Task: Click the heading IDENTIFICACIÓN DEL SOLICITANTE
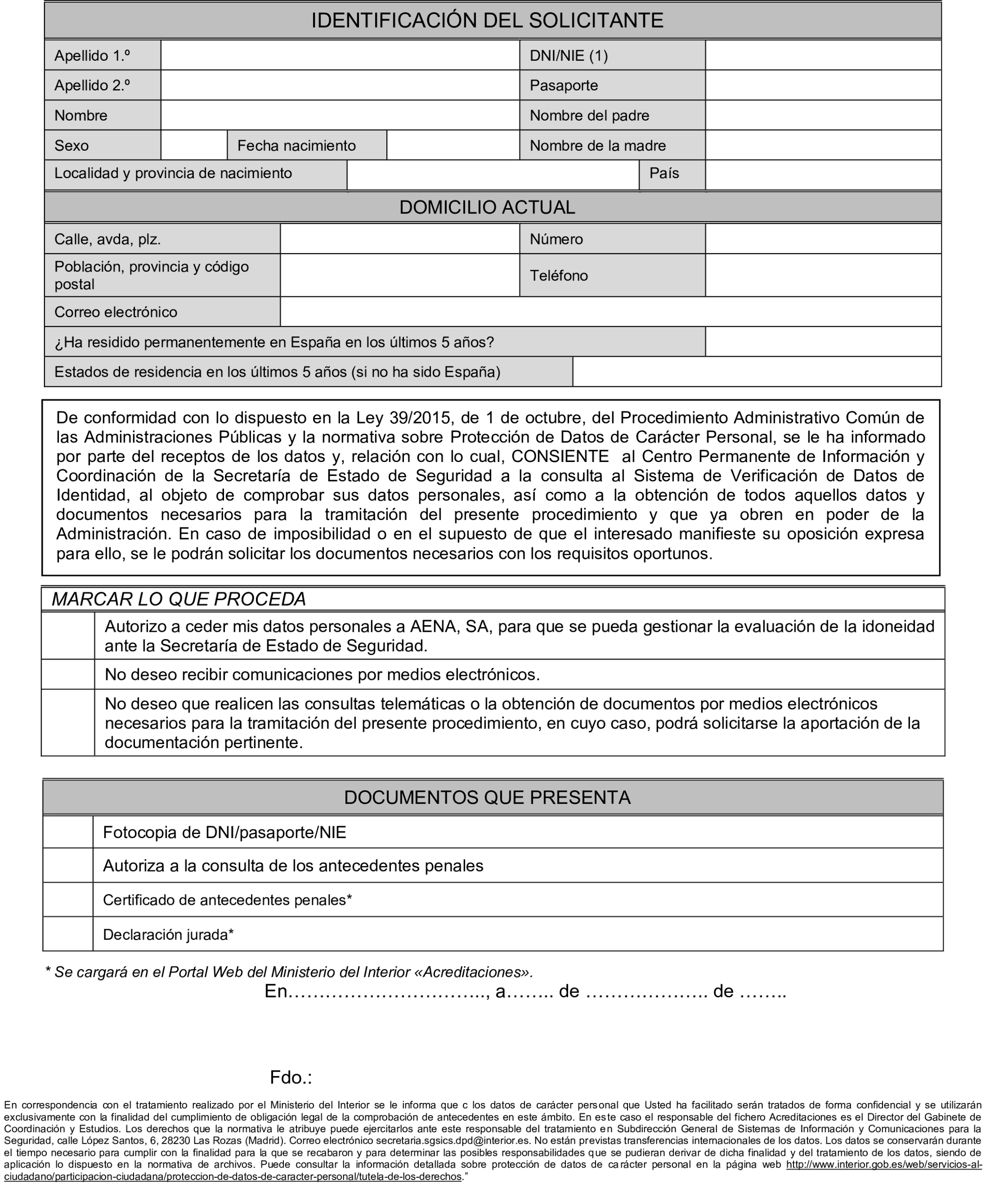(x=487, y=20)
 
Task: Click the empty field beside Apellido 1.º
(x=339, y=56)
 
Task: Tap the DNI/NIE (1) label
(x=569, y=56)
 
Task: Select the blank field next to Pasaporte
(x=822, y=86)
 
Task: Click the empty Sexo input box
(x=194, y=146)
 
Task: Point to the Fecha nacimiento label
(x=296, y=146)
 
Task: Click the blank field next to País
(x=822, y=174)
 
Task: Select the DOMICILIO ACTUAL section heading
(x=487, y=207)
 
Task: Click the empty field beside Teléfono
(x=822, y=276)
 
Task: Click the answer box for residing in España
(x=822, y=342)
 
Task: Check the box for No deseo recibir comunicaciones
(x=68, y=675)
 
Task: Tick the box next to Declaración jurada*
(x=68, y=935)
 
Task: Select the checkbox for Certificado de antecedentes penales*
(x=68, y=900)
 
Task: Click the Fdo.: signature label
(x=291, y=1078)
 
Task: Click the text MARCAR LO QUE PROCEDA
(x=179, y=599)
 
